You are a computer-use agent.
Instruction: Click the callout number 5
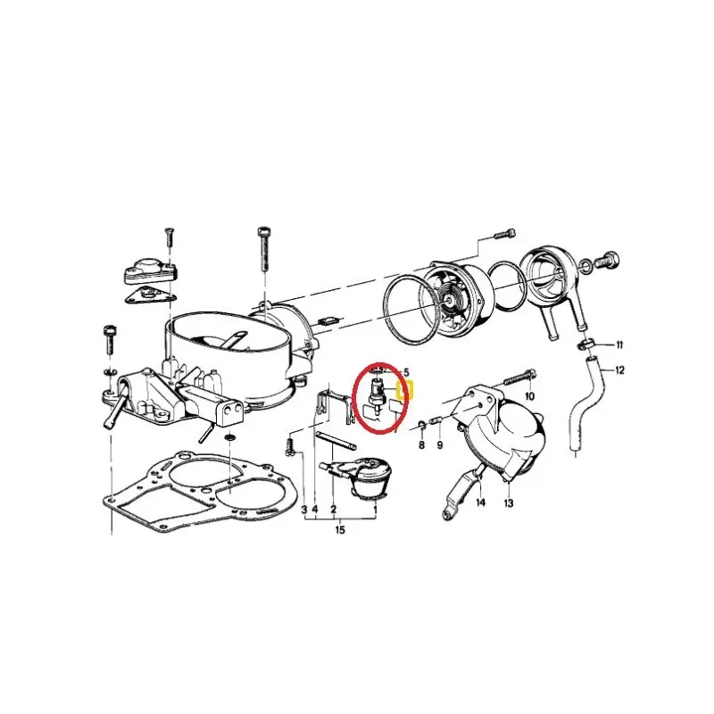click(405, 371)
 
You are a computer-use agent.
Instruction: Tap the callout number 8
click(421, 444)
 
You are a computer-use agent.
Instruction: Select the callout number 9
click(439, 444)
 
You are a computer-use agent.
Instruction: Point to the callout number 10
click(529, 395)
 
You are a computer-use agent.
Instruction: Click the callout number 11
click(619, 345)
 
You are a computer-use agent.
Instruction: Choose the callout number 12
click(620, 369)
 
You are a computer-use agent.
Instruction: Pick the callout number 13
click(508, 503)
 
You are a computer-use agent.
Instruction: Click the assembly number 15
click(339, 531)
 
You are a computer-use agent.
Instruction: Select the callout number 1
click(375, 510)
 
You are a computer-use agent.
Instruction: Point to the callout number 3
click(303, 510)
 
